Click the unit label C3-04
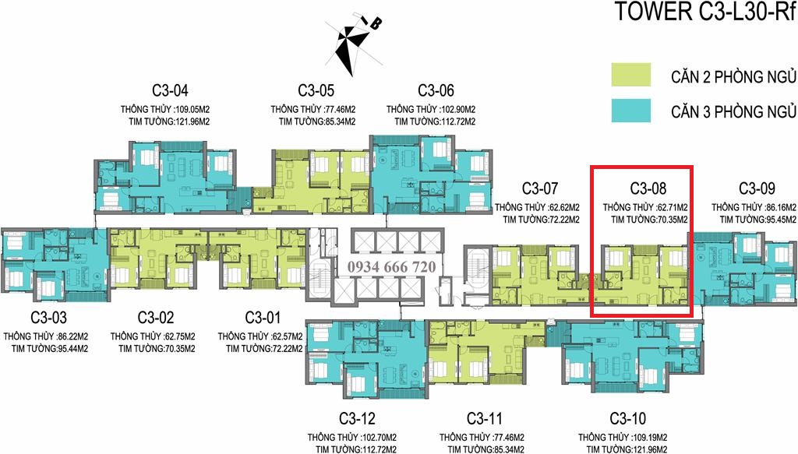click(x=170, y=90)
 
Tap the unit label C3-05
click(x=316, y=90)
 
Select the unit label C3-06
click(x=436, y=90)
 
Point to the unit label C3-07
click(x=540, y=188)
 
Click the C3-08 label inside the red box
click(x=648, y=188)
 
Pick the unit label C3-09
click(x=757, y=188)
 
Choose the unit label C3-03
click(x=48, y=318)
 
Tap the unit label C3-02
click(x=156, y=318)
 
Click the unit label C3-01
click(x=263, y=318)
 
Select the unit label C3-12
click(x=357, y=418)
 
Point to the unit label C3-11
click(x=485, y=418)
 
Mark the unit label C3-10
click(x=627, y=418)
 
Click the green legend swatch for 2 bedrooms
click(x=631, y=75)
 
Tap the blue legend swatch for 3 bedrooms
click(x=631, y=111)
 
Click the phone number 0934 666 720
click(x=392, y=267)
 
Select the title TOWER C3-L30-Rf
click(x=705, y=12)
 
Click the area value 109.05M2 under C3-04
click(x=192, y=109)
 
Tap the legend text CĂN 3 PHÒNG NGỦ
click(x=733, y=111)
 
